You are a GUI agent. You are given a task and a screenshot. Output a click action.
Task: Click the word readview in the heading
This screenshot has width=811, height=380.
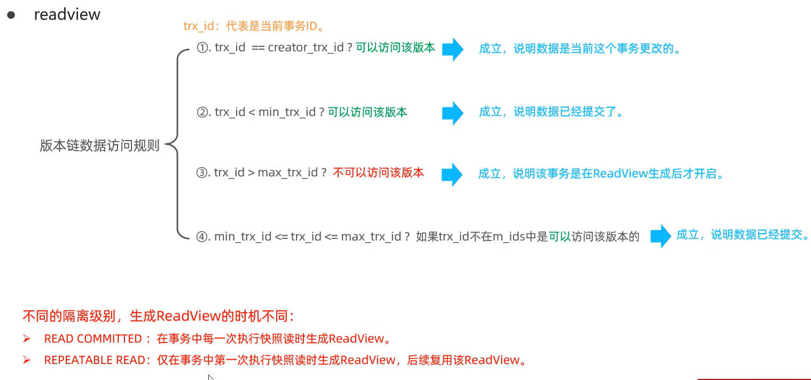(x=67, y=14)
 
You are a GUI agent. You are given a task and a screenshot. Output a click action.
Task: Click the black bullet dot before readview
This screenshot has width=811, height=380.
(x=11, y=15)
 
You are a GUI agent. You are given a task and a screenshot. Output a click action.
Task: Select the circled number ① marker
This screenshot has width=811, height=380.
(x=202, y=48)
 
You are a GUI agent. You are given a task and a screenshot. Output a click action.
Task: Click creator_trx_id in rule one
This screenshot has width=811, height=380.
(x=306, y=48)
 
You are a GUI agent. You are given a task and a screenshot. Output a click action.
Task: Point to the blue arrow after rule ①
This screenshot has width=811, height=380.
(x=453, y=49)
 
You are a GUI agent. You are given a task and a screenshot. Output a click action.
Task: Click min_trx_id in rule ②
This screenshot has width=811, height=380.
(x=287, y=112)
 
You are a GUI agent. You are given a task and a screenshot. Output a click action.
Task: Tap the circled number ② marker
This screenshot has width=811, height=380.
(x=202, y=112)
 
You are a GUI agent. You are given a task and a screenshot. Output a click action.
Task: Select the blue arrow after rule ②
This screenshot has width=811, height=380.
(x=453, y=113)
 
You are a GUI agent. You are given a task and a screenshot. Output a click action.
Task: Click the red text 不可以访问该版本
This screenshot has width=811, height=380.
(x=378, y=173)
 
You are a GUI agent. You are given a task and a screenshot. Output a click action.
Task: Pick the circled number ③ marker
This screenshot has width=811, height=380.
(x=201, y=173)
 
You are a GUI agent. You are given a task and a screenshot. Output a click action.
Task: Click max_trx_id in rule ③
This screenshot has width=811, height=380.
(x=288, y=173)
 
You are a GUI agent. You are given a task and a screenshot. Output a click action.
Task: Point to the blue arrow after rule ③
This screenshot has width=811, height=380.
(x=452, y=175)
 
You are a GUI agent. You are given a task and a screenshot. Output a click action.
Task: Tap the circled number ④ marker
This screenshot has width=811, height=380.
(x=201, y=237)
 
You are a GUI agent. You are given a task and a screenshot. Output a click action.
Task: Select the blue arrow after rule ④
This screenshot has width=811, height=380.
(x=661, y=236)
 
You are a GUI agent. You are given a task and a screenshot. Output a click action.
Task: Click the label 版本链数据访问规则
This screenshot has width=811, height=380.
(x=99, y=145)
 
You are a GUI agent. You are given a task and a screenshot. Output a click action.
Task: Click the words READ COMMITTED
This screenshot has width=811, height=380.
(x=93, y=339)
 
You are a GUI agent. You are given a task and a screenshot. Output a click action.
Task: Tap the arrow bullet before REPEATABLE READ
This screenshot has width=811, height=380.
(x=27, y=360)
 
